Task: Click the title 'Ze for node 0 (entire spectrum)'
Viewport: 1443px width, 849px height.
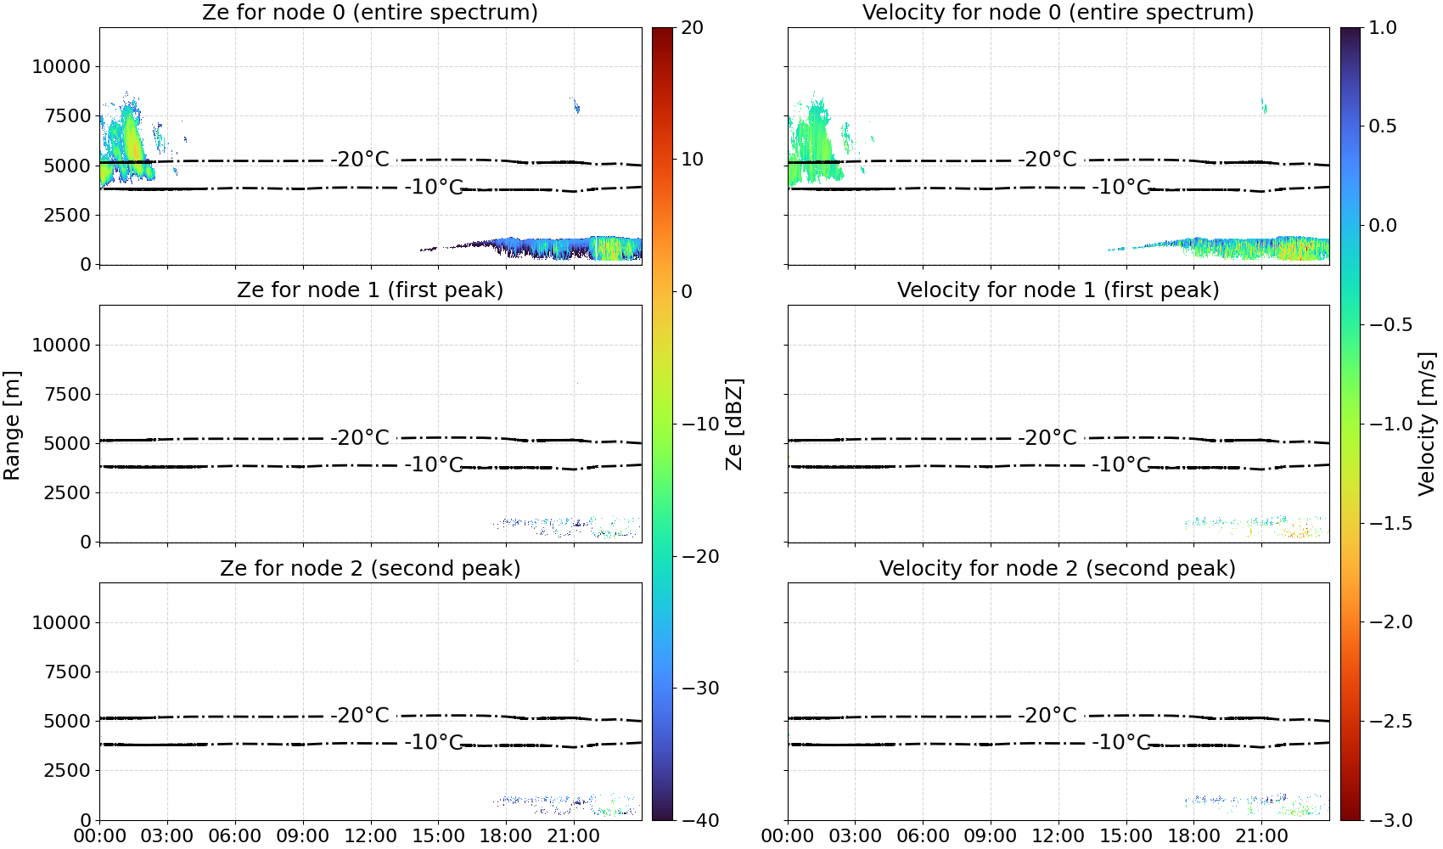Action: pyautogui.click(x=370, y=12)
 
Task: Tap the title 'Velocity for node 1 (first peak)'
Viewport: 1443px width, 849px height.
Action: pyautogui.click(x=1058, y=290)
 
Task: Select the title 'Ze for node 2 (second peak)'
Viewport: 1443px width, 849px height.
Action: pyautogui.click(x=370, y=568)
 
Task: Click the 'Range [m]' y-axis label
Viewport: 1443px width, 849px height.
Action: pyautogui.click(x=12, y=424)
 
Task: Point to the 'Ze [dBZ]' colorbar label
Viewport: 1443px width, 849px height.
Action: pyautogui.click(x=734, y=424)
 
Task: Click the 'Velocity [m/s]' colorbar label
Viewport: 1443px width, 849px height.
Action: pyautogui.click(x=1428, y=424)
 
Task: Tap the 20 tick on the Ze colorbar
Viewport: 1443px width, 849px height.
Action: pyautogui.click(x=693, y=28)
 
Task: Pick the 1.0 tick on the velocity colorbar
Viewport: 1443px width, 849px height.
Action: pyautogui.click(x=1383, y=28)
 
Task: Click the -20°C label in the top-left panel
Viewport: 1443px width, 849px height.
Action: pyautogui.click(x=360, y=159)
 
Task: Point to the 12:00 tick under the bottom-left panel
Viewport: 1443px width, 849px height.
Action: pyautogui.click(x=370, y=836)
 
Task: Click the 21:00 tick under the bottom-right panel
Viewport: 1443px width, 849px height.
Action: pyautogui.click(x=1261, y=836)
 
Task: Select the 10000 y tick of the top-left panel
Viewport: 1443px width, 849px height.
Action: pyautogui.click(x=61, y=66)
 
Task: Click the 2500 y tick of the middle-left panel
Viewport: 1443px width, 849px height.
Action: pyautogui.click(x=67, y=492)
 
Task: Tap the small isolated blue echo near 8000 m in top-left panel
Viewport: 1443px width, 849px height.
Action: pyautogui.click(x=576, y=105)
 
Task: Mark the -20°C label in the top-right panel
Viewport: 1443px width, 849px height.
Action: pyautogui.click(x=1047, y=159)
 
